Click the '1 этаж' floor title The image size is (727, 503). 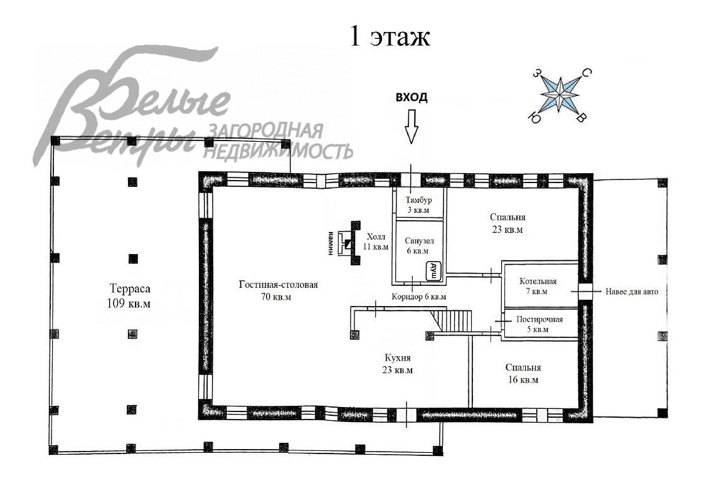390,36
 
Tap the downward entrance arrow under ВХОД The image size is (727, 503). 411,126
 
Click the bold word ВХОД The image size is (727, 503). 411,97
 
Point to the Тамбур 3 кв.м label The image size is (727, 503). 418,205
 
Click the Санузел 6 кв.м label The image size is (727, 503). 418,246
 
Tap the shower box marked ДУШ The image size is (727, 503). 433,271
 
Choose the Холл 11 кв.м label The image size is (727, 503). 375,241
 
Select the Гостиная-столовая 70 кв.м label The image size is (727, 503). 278,290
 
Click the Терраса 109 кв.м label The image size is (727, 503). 130,296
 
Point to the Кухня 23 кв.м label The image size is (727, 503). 398,364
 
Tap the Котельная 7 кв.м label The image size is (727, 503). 538,286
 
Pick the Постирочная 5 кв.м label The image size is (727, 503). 539,324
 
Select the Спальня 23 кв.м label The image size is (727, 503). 507,223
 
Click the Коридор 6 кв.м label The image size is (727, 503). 418,297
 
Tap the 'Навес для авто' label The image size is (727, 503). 632,292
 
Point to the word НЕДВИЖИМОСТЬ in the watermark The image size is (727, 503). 278,150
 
